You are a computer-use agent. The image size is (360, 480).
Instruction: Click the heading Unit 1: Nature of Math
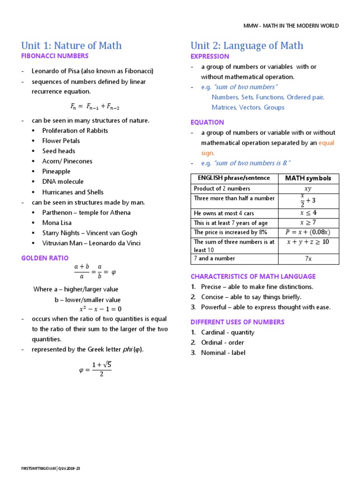coord(71,45)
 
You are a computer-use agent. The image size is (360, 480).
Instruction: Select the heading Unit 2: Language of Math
coord(247,45)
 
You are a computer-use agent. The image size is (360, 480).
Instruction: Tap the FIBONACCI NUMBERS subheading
coord(55,56)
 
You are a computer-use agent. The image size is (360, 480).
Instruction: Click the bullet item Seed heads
coord(59,151)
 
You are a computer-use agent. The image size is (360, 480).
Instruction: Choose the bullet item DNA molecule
coord(63,181)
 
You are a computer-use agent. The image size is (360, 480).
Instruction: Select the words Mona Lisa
coord(57,223)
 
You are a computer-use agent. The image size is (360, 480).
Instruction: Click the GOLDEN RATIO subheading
coord(45,258)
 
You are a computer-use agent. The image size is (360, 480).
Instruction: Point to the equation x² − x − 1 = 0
coord(100,309)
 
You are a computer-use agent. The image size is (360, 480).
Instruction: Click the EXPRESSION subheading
coord(210,56)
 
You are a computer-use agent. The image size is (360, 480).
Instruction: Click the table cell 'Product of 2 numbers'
coord(222,188)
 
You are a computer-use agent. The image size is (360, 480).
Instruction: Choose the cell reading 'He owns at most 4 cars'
coord(224,213)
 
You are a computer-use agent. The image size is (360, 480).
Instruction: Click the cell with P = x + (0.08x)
coord(307,232)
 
